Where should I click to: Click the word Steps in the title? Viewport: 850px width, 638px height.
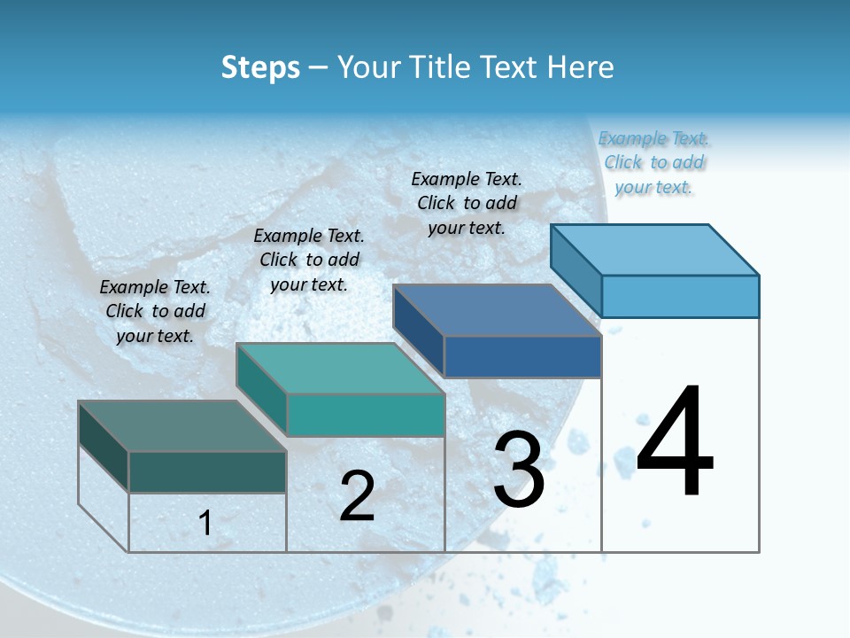coord(260,67)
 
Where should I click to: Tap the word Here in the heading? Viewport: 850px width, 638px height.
coord(581,67)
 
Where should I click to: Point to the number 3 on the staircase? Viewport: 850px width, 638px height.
coord(518,470)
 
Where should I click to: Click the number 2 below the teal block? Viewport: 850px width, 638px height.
coord(357,496)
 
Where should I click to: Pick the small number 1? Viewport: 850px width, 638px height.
coord(205,523)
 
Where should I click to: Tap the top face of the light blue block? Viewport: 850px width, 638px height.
coord(655,249)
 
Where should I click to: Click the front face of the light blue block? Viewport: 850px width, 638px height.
coord(680,296)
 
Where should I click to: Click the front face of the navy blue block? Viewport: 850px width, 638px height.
coord(522,357)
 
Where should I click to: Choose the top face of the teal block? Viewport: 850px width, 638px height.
coord(340,368)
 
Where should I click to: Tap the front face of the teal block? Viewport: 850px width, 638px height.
coord(365,416)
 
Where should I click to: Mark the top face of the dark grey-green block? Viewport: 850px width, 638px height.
coord(182,425)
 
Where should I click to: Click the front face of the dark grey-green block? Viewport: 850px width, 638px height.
coord(207,471)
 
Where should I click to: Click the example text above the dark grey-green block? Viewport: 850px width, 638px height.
coord(155,311)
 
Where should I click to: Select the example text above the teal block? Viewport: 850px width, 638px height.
coord(309,260)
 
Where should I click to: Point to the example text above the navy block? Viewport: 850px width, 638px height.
coord(467,203)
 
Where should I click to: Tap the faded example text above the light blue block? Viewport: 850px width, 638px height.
coord(653,162)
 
